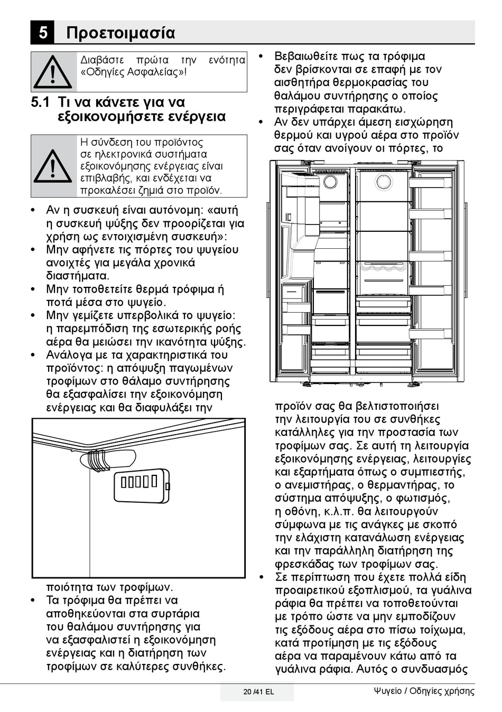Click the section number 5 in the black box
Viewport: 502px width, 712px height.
(x=42, y=33)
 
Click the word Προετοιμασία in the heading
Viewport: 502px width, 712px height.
(x=120, y=33)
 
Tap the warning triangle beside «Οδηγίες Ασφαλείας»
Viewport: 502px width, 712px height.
(x=53, y=72)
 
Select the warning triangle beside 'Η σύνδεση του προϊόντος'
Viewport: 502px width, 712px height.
(x=53, y=166)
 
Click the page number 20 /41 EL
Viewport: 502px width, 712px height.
(x=258, y=692)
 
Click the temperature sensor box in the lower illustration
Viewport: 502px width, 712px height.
(x=142, y=484)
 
